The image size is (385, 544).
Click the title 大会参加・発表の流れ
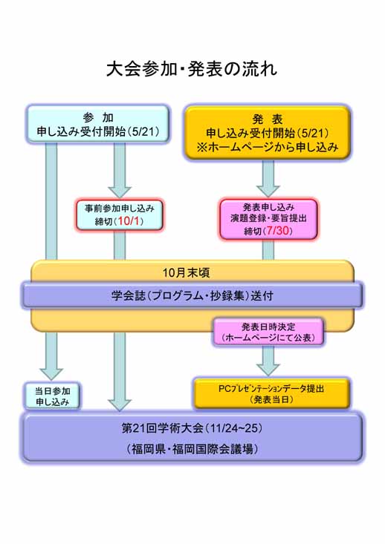click(x=192, y=69)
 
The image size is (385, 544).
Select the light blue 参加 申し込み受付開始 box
click(x=98, y=124)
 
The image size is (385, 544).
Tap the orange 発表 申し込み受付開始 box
click(x=267, y=133)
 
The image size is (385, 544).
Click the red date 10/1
click(x=129, y=221)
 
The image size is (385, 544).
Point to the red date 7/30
click(x=278, y=230)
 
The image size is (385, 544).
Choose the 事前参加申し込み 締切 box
click(x=120, y=214)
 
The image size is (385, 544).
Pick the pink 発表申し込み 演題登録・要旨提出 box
click(x=268, y=219)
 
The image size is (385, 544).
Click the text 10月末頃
click(x=187, y=272)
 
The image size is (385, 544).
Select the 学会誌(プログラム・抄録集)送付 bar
click(x=192, y=295)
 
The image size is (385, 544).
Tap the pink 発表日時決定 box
click(x=268, y=332)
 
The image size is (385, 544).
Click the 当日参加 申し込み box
click(x=52, y=396)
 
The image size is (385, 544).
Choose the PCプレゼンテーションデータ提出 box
click(x=271, y=394)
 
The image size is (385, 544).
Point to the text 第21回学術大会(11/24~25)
click(x=192, y=428)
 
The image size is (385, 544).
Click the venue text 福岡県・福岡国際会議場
click(x=192, y=449)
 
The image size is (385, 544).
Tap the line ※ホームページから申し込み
click(x=267, y=148)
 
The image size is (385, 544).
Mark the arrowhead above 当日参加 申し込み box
click(x=51, y=374)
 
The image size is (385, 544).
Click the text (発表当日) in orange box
click(x=271, y=400)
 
